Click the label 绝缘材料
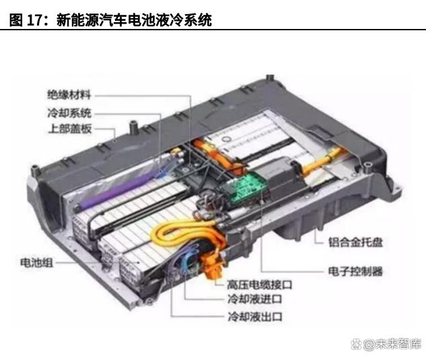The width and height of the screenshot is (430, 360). [69, 95]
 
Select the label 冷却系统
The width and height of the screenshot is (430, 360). [69, 112]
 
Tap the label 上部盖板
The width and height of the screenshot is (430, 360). [70, 129]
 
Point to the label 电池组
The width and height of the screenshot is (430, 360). [36, 262]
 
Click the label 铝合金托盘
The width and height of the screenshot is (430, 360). [355, 242]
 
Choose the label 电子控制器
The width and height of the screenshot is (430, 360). [355, 271]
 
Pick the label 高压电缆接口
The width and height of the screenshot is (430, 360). [260, 285]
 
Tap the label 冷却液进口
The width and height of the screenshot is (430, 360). [255, 299]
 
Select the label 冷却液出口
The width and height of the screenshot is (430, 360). [255, 317]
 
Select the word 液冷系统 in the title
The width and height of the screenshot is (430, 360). [184, 20]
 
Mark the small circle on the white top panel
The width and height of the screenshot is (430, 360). [227, 139]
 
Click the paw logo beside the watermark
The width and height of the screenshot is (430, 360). [356, 345]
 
